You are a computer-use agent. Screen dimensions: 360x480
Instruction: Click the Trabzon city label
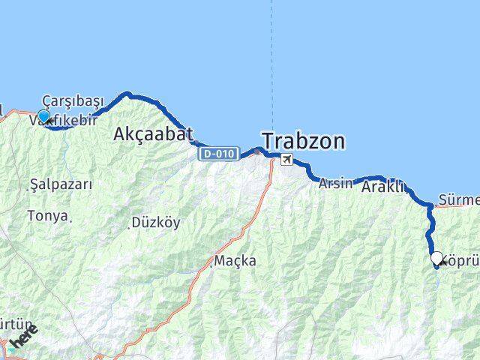click(x=303, y=140)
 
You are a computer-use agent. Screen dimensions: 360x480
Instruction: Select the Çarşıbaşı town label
click(x=73, y=101)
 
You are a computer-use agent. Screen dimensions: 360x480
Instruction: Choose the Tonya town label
click(x=47, y=216)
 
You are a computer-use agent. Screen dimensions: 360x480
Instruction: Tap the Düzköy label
click(x=155, y=222)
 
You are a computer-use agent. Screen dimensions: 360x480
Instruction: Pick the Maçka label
click(x=235, y=261)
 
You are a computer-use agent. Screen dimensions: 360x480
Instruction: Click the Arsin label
click(x=334, y=183)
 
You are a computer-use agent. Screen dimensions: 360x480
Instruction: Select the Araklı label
click(x=383, y=187)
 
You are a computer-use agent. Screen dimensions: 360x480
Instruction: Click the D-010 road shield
click(x=219, y=154)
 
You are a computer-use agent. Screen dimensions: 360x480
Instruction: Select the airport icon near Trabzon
click(x=286, y=159)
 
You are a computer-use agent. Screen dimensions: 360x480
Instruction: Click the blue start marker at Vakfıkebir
click(x=43, y=116)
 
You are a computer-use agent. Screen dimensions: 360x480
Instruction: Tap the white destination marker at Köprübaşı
click(x=436, y=258)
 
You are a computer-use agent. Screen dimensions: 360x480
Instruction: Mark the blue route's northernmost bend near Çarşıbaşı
click(x=127, y=94)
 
